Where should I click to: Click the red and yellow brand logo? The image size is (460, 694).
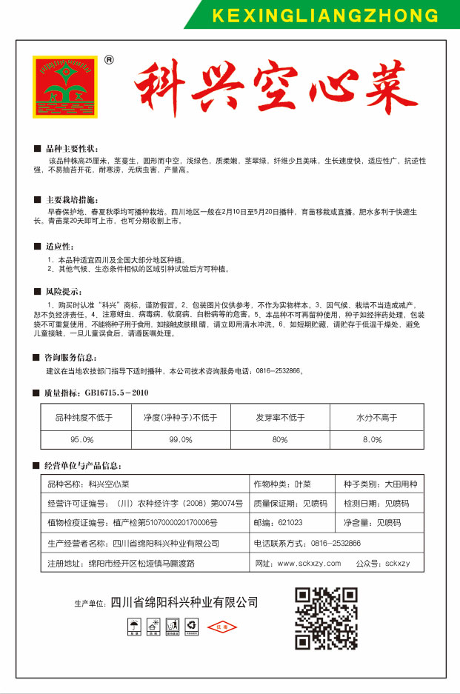pyautogui.click(x=66, y=87)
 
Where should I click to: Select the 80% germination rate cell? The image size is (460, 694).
pyautogui.click(x=279, y=439)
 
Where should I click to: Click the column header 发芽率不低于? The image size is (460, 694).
pyautogui.click(x=280, y=417)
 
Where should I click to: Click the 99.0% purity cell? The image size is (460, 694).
pyautogui.click(x=180, y=439)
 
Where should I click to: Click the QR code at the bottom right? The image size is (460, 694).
pyautogui.click(x=327, y=618)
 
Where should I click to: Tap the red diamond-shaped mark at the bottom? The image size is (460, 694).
pyautogui.click(x=221, y=628)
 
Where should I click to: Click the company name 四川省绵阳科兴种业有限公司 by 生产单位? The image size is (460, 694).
pyautogui.click(x=184, y=602)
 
